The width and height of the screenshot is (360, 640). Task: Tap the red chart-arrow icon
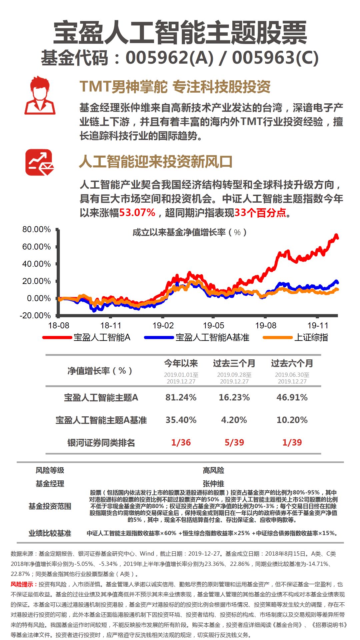click(40, 162)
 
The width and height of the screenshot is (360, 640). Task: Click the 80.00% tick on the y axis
click(36, 229)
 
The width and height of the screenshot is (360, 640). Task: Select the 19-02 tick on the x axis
click(163, 325)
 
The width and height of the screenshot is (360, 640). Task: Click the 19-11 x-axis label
click(318, 325)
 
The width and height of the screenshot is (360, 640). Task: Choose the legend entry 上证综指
click(295, 337)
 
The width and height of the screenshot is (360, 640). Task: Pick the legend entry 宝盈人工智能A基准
click(197, 337)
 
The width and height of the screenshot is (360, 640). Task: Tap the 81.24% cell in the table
click(181, 397)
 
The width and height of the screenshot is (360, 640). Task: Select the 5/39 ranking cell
click(234, 442)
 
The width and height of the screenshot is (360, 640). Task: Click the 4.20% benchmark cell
click(234, 420)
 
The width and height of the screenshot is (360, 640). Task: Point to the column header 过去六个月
click(292, 363)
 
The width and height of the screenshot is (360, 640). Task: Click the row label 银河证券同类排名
click(101, 443)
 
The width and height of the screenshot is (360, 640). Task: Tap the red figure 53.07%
click(137, 212)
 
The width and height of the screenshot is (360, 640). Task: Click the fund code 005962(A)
click(169, 58)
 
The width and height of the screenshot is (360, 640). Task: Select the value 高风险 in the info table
click(213, 470)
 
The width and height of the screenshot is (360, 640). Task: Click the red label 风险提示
click(22, 584)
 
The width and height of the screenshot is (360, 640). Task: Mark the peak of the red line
click(336, 235)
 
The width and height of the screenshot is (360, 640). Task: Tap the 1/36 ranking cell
click(181, 442)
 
